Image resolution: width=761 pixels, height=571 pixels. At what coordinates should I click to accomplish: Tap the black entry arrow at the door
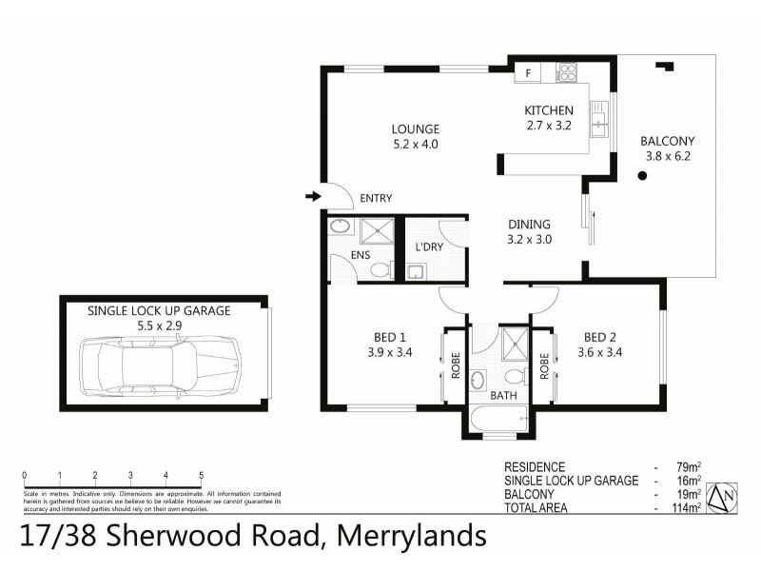click(x=312, y=197)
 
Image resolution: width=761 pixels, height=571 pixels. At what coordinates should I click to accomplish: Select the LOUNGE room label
click(x=415, y=129)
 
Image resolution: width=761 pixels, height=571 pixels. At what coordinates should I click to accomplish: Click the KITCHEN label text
click(x=548, y=110)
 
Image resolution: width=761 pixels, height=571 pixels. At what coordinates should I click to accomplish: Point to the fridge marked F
click(x=529, y=71)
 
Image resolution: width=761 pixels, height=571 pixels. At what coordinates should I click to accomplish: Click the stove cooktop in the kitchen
click(x=568, y=71)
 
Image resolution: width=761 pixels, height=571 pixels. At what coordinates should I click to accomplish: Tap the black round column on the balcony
click(x=643, y=176)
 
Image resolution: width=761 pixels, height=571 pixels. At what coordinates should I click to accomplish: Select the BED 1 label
click(x=389, y=337)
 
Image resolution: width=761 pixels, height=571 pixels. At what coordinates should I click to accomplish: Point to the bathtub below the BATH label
click(x=498, y=418)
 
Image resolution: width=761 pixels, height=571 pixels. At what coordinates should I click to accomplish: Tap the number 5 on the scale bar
click(x=201, y=475)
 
